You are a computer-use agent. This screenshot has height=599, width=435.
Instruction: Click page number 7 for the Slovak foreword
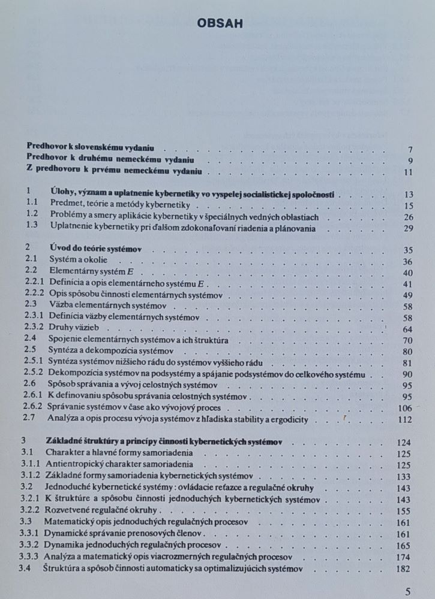pyautogui.click(x=410, y=150)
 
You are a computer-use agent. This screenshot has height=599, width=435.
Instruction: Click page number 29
pyautogui.click(x=409, y=228)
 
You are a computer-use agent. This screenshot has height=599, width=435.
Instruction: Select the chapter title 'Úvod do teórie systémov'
pyautogui.click(x=100, y=250)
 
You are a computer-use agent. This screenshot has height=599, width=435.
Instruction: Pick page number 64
pyautogui.click(x=409, y=329)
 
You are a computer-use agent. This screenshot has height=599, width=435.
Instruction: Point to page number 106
pyautogui.click(x=406, y=409)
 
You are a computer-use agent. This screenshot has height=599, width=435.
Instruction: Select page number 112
pyautogui.click(x=406, y=420)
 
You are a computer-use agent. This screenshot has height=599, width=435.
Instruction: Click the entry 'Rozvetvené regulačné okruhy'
pyautogui.click(x=101, y=511)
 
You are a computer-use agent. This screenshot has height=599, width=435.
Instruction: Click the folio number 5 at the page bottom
pyautogui.click(x=408, y=591)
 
